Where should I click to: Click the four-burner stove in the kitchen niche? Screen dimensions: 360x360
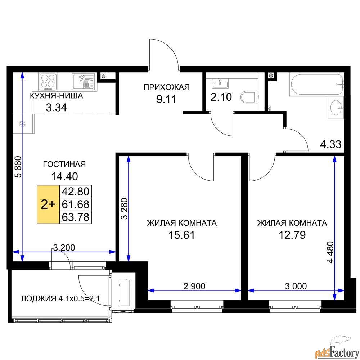click(48, 81)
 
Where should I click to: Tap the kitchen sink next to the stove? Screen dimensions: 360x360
click(83, 81)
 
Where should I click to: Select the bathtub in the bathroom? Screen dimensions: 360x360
click(316, 84)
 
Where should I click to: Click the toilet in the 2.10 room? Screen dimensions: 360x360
click(249, 97)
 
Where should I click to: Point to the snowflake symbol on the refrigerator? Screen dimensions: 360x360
click(22, 124)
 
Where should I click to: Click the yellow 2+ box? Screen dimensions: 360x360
click(48, 204)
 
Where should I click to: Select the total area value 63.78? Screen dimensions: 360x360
click(76, 217)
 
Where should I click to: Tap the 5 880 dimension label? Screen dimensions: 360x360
click(18, 167)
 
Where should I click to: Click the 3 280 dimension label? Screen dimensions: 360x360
click(124, 208)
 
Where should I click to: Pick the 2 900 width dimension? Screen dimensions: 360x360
click(194, 286)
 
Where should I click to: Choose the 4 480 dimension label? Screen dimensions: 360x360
click(330, 252)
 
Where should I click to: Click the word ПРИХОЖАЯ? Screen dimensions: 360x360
click(167, 87)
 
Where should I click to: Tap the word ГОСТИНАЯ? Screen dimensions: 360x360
click(64, 164)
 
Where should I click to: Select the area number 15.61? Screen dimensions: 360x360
click(181, 235)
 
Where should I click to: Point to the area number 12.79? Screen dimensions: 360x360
click(292, 235)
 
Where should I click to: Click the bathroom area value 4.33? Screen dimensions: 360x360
click(330, 145)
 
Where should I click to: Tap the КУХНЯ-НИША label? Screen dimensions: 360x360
click(57, 95)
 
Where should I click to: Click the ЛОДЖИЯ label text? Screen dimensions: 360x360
click(39, 298)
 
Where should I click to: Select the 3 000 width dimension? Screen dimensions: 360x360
click(296, 286)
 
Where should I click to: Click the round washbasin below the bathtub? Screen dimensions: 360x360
click(336, 107)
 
